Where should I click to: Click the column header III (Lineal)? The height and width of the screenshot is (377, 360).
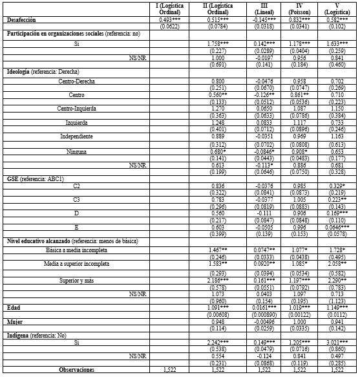coord(266,9)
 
